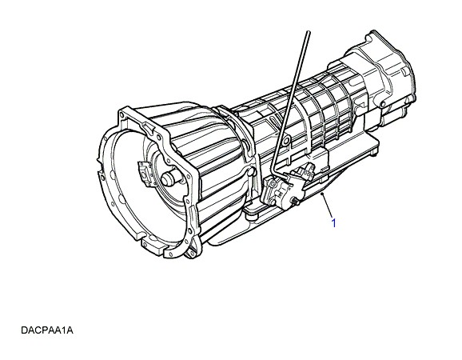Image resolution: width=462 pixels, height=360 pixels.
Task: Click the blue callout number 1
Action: click(x=333, y=223)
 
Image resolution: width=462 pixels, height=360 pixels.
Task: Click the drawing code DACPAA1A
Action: click(x=47, y=330)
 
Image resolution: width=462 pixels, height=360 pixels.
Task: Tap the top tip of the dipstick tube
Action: click(x=309, y=31)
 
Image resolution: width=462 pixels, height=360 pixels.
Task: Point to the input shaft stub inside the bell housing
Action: click(x=170, y=178)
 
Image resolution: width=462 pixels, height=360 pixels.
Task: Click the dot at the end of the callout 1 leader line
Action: click(x=323, y=194)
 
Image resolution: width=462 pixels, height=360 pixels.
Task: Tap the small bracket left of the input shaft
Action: click(x=145, y=174)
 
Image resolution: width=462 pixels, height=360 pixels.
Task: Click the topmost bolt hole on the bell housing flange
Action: click(x=121, y=113)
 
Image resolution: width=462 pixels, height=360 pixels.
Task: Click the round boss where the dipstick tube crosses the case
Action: click(x=285, y=142)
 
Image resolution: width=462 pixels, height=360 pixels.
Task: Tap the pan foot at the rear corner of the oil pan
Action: click(x=374, y=153)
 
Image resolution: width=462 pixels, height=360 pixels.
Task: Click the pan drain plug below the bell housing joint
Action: click(x=251, y=216)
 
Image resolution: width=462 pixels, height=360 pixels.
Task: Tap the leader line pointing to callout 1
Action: click(x=328, y=206)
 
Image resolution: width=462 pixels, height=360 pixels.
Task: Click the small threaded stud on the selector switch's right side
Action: click(x=295, y=202)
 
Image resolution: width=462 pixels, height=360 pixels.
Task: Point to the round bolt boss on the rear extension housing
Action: click(x=383, y=104)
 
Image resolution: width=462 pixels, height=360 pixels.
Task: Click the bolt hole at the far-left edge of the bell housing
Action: click(x=102, y=177)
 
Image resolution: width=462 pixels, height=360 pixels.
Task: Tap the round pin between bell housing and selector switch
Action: click(x=250, y=173)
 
